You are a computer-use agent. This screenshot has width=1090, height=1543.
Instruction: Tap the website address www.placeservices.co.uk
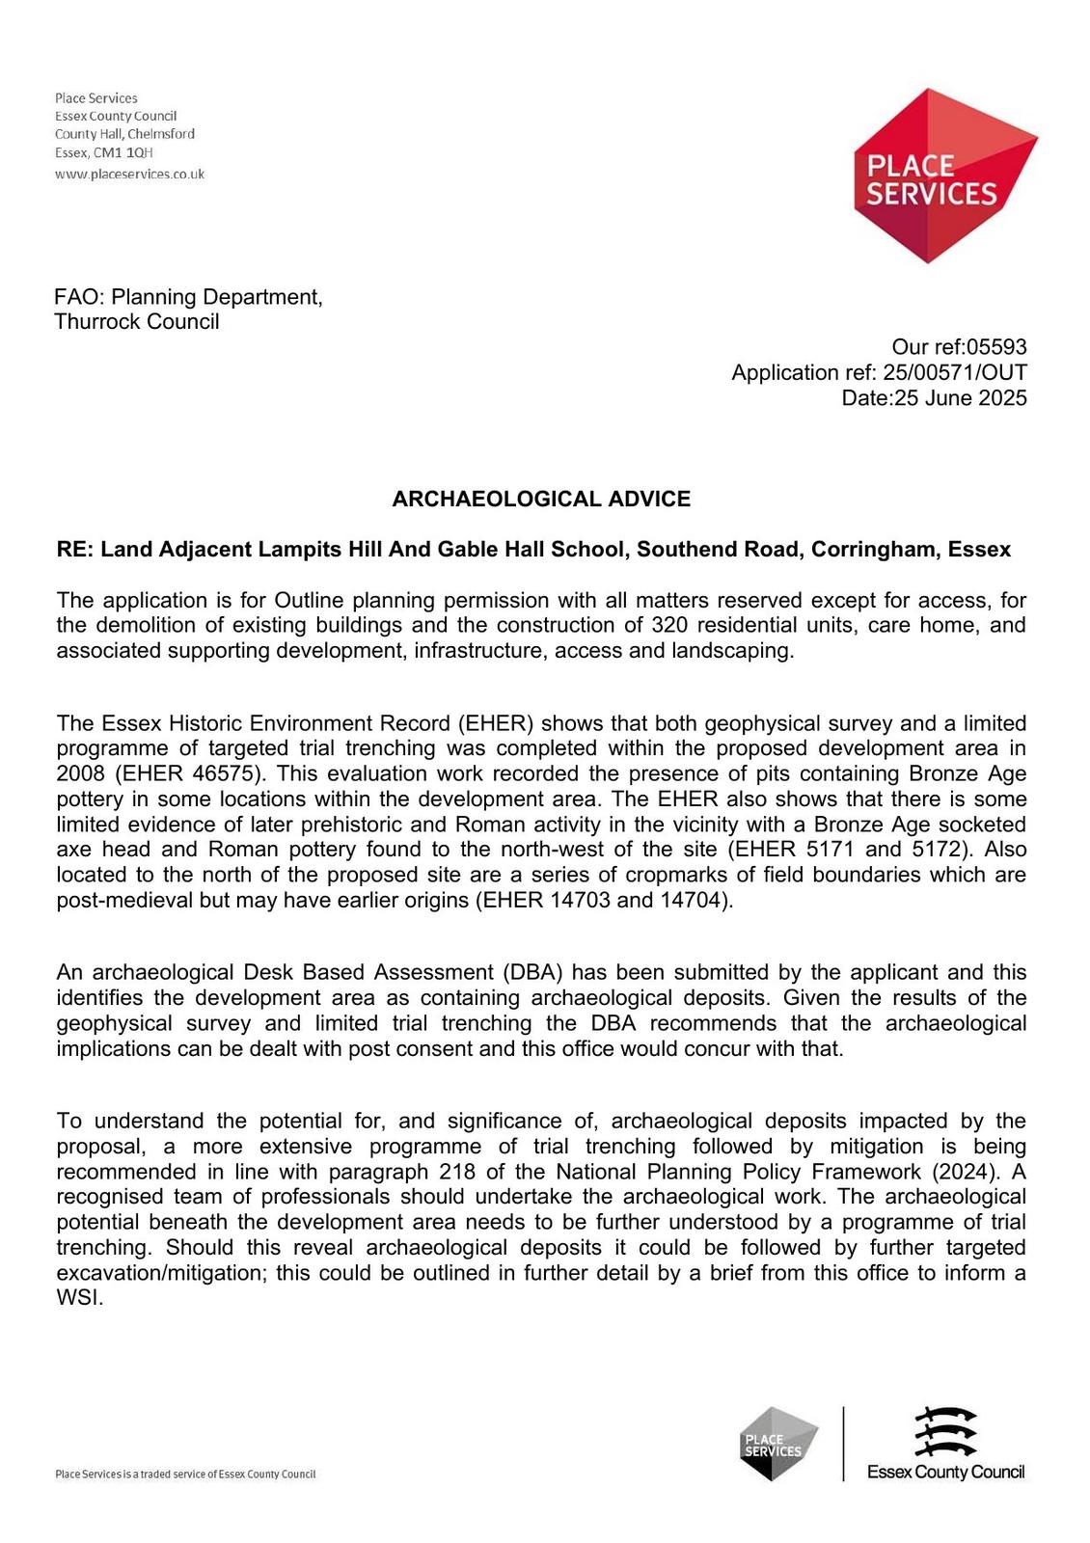pos(129,175)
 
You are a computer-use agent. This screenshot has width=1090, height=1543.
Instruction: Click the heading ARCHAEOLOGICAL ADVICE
pos(541,499)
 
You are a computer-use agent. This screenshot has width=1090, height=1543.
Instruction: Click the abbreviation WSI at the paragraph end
pos(78,1297)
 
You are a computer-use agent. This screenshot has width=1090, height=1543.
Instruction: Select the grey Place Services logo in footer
pos(778,1443)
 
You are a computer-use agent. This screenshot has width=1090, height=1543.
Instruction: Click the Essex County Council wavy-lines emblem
pos(945,1432)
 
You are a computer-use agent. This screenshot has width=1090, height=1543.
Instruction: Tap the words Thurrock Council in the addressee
pos(137,322)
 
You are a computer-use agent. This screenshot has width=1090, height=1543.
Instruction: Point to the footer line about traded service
pos(185,1475)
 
